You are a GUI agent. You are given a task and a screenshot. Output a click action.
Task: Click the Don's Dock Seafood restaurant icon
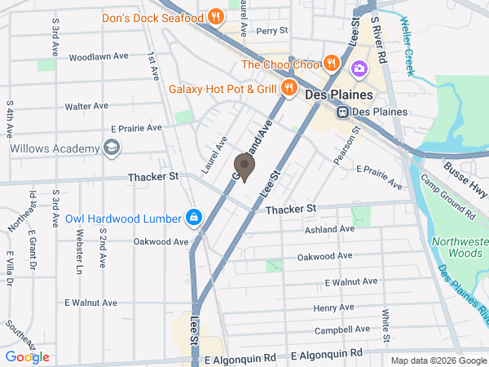click(x=214, y=16)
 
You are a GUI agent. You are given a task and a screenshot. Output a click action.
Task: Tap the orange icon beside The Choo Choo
click(x=330, y=63)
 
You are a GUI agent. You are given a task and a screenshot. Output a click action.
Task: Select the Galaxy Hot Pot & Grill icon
click(x=289, y=88)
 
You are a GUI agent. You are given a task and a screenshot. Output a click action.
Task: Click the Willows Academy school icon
click(x=111, y=148)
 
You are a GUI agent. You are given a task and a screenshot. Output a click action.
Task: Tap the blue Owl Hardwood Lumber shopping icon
click(x=194, y=218)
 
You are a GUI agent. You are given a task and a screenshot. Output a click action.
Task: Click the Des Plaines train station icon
click(x=344, y=111)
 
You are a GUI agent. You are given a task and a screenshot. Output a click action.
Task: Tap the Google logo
click(x=27, y=357)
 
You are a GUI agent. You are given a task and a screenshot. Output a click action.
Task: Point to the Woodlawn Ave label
click(x=99, y=57)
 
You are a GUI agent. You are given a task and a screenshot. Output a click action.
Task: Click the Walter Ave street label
click(x=87, y=106)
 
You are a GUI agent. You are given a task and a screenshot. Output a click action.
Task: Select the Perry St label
click(x=272, y=31)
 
